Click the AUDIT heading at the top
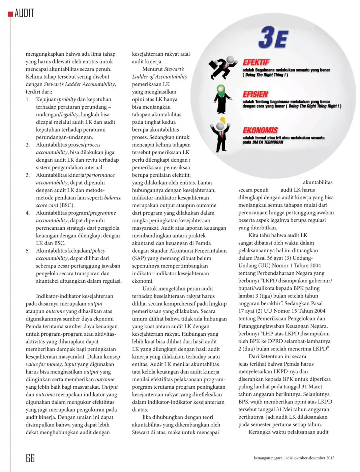[x=24, y=13]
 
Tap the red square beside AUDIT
[x=10, y=14]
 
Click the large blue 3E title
[x=273, y=37]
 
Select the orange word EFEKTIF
[x=256, y=62]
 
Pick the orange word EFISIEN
[x=255, y=94]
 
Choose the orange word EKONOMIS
[x=260, y=130]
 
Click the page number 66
[x=30, y=458]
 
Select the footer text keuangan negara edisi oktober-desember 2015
[x=294, y=458]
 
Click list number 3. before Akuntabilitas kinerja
[x=28, y=175]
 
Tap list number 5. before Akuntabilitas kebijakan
[x=28, y=251]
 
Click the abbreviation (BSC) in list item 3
[x=67, y=205]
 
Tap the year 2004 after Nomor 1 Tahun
[x=315, y=266]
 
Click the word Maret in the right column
[x=315, y=387]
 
